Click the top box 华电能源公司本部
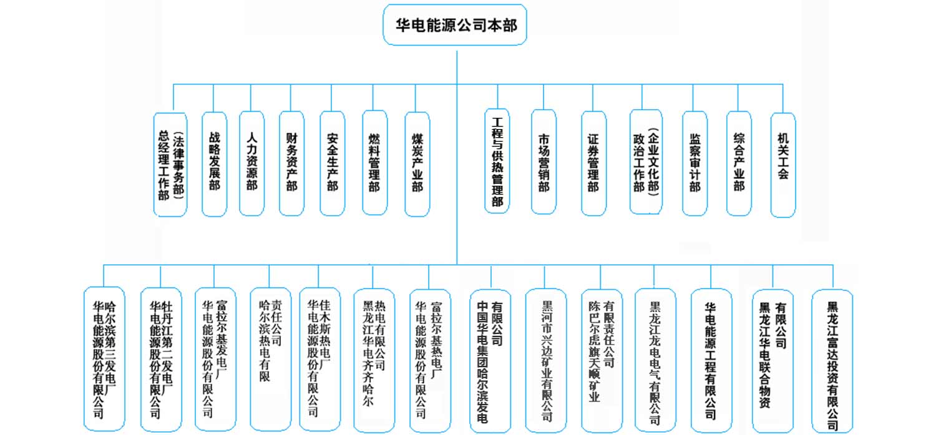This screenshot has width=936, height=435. point(455,25)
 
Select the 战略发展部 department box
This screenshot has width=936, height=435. point(215,164)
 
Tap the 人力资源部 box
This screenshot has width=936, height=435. point(251,163)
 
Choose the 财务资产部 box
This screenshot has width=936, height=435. point(291,163)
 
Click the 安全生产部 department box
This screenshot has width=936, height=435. point(332,163)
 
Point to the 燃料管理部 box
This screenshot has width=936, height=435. point(375,163)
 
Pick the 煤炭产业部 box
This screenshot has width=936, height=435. point(417,164)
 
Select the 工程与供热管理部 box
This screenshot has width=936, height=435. point(497,161)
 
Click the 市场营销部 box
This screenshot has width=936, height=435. point(544,162)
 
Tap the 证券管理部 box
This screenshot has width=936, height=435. point(594,163)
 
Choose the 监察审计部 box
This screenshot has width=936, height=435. point(695,163)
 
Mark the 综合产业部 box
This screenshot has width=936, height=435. point(739,163)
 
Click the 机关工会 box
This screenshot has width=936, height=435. point(783,165)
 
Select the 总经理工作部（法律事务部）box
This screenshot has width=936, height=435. point(170,165)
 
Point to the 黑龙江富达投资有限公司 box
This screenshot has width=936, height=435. point(832,361)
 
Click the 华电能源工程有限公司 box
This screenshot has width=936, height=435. point(711,360)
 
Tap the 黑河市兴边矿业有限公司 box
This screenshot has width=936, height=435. point(546,360)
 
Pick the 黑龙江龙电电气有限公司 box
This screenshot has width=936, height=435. point(655,360)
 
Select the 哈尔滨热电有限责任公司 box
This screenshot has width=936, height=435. point(271,359)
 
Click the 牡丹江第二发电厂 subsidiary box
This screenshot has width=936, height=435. point(161,360)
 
